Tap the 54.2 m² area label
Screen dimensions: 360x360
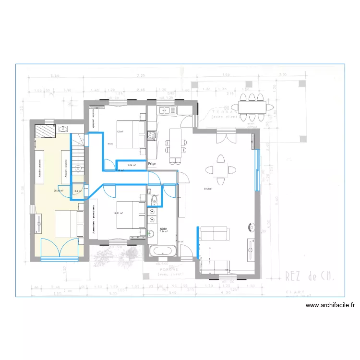(x=208, y=189)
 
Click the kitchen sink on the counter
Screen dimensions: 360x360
(x=170, y=110)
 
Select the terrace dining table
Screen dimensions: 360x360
(x=248, y=107)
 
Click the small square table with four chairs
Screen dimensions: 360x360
(x=220, y=169)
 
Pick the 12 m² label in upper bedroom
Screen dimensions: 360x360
(x=120, y=132)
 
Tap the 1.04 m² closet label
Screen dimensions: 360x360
(x=131, y=165)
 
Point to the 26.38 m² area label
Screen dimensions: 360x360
(x=59, y=191)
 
